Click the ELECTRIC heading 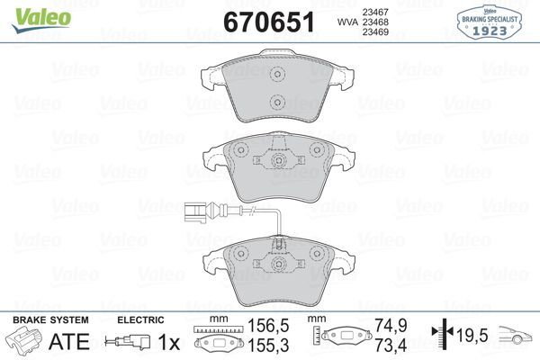coord(140,319)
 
